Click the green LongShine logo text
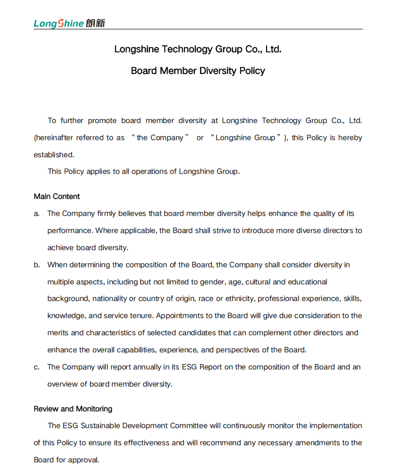click(59, 23)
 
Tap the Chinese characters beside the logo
click(95, 23)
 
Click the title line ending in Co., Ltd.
click(198, 49)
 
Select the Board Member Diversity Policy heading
click(198, 71)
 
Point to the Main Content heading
click(57, 197)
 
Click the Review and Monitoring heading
click(73, 409)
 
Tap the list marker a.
click(37, 214)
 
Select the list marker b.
click(37, 265)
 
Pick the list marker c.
click(37, 367)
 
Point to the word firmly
click(108, 214)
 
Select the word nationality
click(110, 299)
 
